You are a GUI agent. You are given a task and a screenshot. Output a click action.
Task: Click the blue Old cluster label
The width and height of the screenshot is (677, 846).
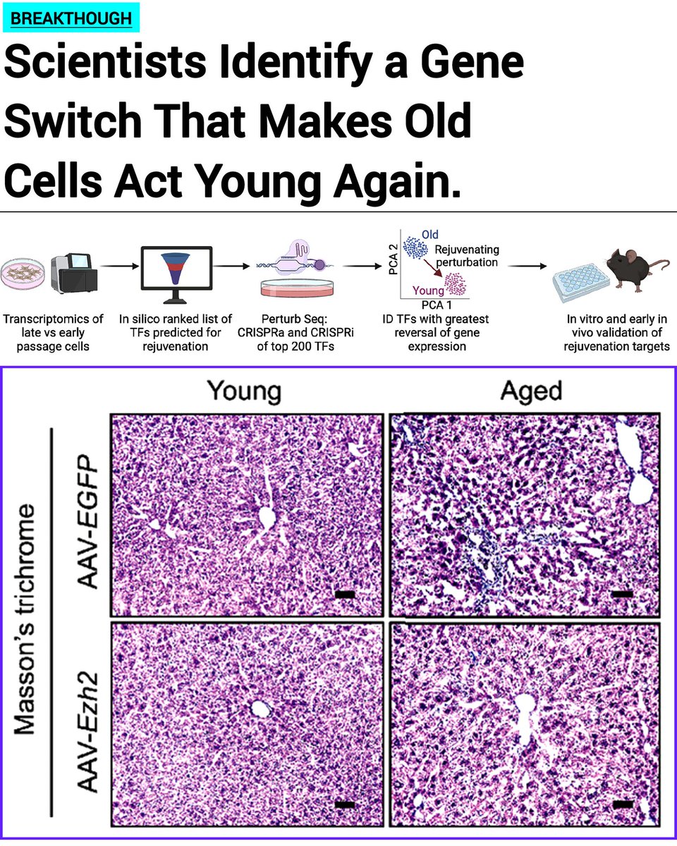click(x=429, y=235)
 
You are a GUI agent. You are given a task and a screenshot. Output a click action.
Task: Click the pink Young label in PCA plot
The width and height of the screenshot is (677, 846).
click(x=428, y=290)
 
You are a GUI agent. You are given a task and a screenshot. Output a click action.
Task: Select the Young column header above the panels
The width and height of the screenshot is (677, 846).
click(x=243, y=391)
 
